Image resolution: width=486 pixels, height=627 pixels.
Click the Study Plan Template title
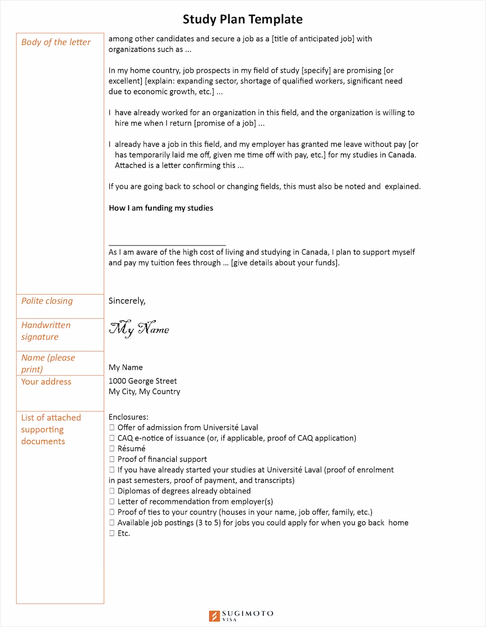click(242, 20)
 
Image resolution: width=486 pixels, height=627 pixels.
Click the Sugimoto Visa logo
click(241, 616)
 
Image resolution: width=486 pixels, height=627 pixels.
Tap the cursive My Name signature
click(139, 329)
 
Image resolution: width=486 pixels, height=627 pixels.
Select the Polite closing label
click(47, 301)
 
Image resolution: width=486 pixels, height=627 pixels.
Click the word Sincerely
click(127, 301)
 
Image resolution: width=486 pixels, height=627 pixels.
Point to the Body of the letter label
click(56, 42)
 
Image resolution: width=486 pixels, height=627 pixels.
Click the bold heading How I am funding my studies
click(161, 208)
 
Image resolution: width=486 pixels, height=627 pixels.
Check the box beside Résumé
click(112, 449)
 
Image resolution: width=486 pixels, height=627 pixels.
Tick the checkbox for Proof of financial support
click(112, 459)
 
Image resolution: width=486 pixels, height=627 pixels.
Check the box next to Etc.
click(112, 533)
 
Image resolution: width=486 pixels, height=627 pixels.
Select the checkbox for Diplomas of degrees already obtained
click(112, 491)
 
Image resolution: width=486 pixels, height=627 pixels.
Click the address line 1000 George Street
click(142, 381)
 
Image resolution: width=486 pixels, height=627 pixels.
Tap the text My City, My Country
click(144, 392)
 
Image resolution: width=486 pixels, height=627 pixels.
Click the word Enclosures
click(128, 417)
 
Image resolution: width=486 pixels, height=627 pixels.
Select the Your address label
click(46, 382)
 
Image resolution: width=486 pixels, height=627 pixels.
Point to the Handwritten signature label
click(46, 331)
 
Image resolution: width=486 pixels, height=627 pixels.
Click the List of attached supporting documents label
click(51, 429)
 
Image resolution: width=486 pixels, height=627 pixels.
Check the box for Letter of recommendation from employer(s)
click(112, 502)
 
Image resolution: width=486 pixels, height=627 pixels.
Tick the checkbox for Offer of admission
click(112, 427)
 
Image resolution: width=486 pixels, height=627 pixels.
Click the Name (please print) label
click(48, 364)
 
